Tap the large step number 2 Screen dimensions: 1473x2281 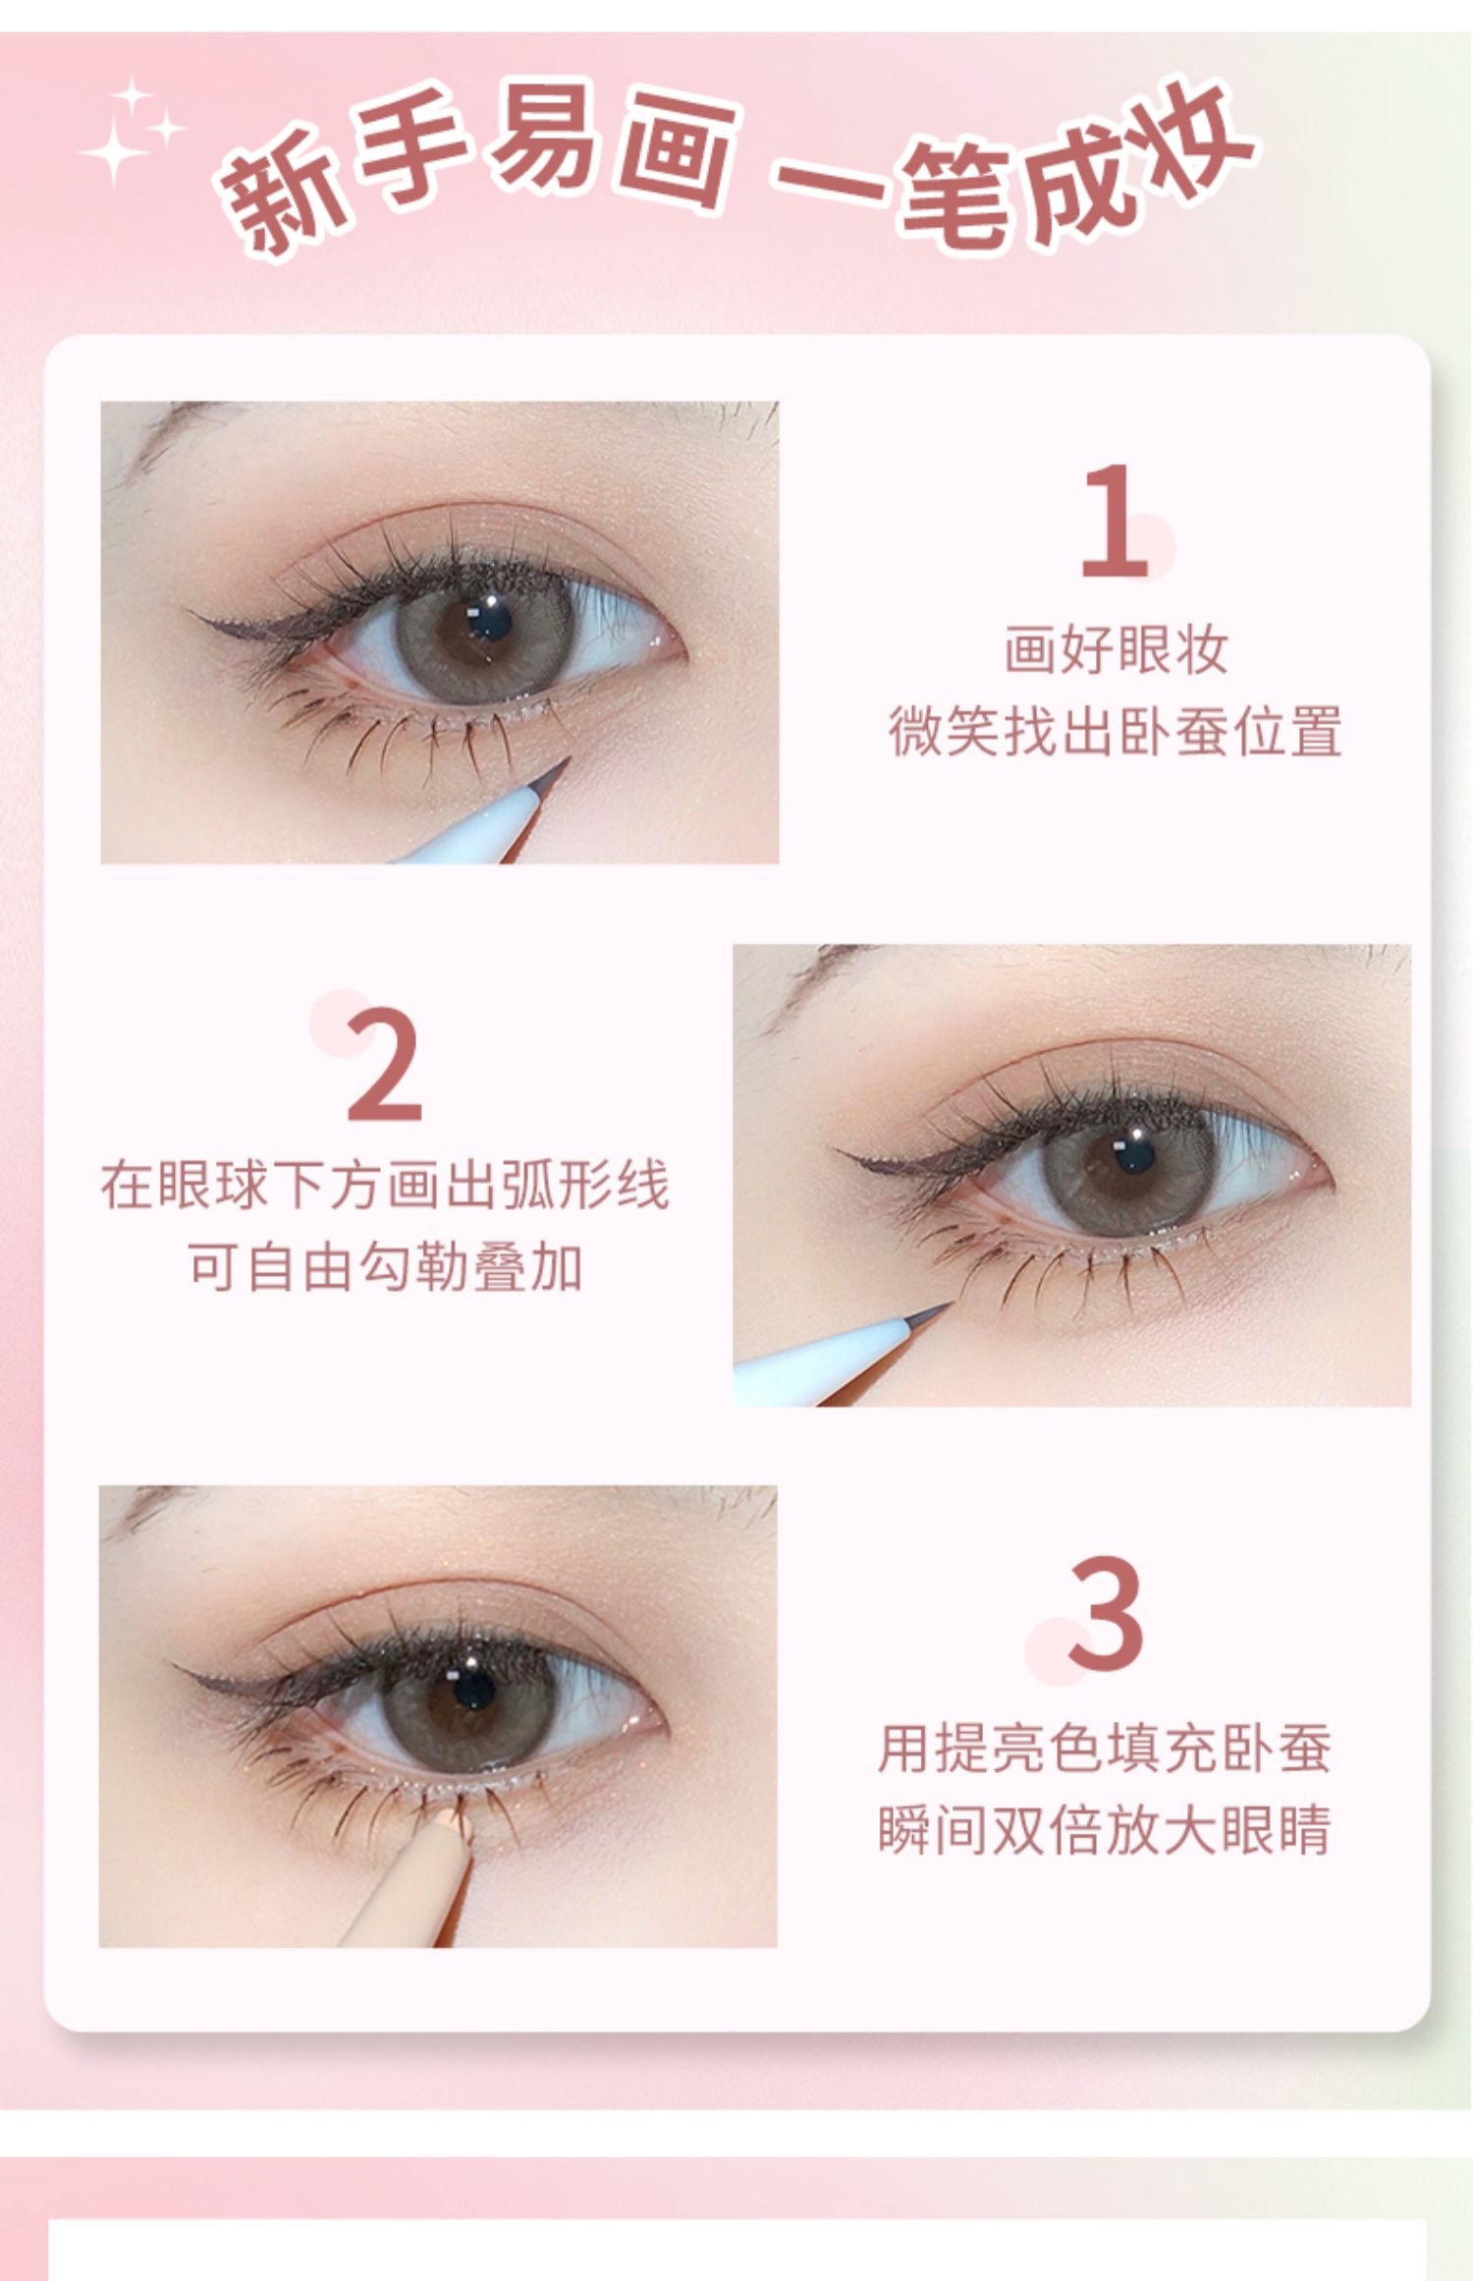[384, 1064]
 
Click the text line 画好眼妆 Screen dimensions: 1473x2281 [1116, 650]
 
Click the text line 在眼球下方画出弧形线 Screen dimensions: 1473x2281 [385, 1185]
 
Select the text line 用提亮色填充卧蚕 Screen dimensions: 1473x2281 [1105, 1748]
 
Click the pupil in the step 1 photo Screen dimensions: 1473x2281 [488, 621]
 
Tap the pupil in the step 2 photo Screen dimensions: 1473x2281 [1135, 1156]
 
